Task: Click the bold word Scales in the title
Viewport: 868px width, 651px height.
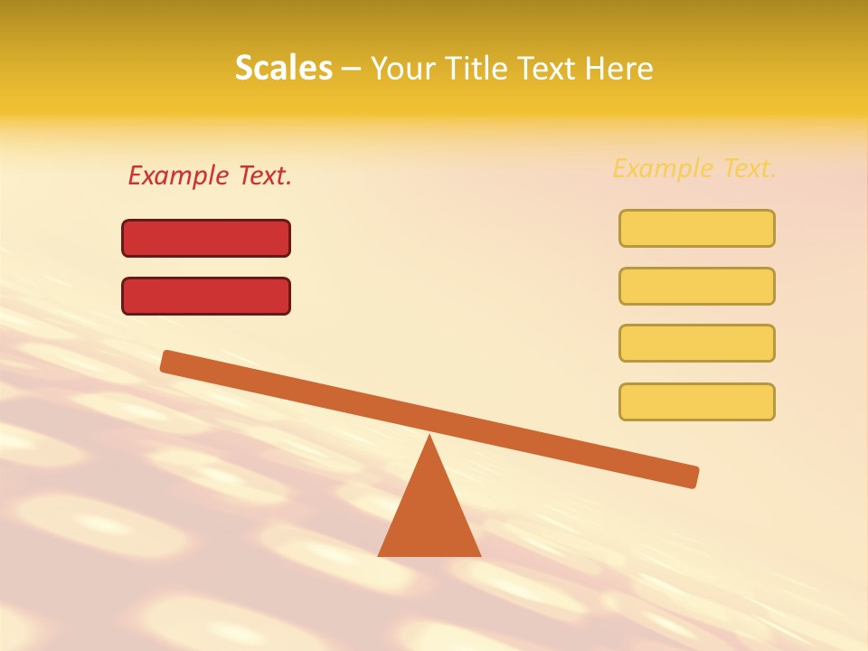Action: [x=283, y=68]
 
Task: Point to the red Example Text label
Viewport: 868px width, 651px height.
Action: [x=210, y=175]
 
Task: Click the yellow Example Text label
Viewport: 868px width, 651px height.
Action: [x=694, y=168]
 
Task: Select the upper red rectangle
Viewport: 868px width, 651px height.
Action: [x=206, y=238]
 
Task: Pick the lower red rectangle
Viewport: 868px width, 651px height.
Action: [x=206, y=296]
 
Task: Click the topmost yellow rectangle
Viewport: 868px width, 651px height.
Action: [x=696, y=228]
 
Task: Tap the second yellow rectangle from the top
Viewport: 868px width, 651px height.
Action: [x=696, y=286]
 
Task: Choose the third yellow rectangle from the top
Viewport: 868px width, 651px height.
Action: [x=696, y=343]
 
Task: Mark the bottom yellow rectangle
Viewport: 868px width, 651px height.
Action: [x=696, y=401]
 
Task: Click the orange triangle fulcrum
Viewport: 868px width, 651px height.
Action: [x=429, y=515]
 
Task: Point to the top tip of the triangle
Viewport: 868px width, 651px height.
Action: [x=429, y=437]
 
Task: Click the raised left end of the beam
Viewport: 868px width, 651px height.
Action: [x=168, y=361]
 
